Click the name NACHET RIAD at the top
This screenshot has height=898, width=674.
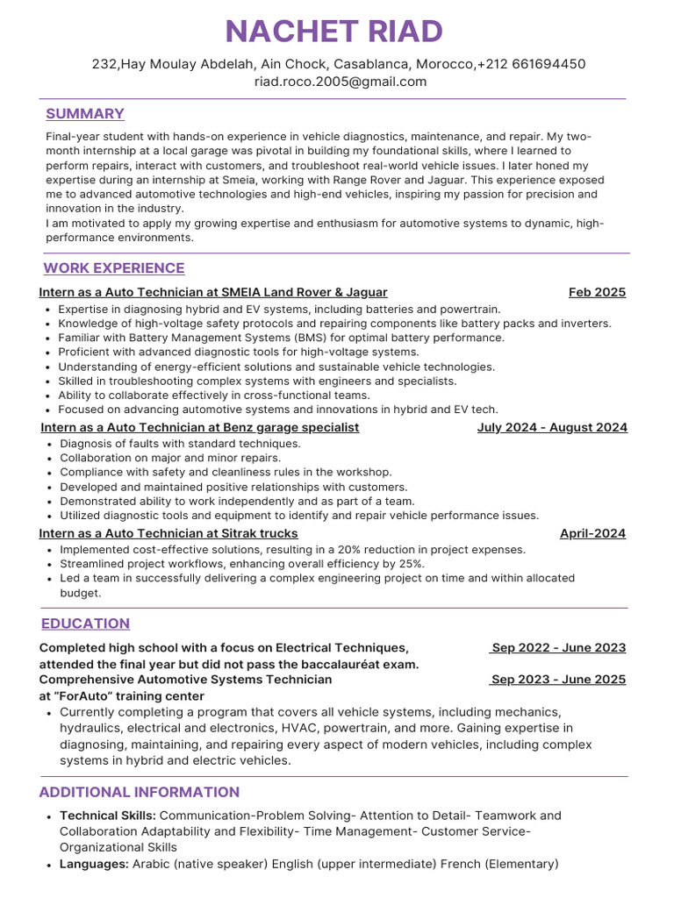(x=334, y=32)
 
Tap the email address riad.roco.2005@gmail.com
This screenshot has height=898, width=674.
(x=341, y=82)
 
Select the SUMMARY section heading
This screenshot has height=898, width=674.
(x=85, y=114)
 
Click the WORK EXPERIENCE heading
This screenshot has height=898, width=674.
(x=114, y=268)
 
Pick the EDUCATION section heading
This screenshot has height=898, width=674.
(x=85, y=624)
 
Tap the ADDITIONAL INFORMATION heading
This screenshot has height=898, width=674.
(x=139, y=792)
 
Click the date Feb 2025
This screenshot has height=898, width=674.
(x=597, y=292)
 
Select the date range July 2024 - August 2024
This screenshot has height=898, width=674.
(x=552, y=428)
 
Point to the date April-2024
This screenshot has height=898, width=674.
(x=592, y=533)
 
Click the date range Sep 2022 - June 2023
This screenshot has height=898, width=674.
(x=558, y=648)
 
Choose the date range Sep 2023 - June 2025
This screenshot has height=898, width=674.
(x=558, y=680)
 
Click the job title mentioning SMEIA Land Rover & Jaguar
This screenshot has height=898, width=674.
(x=213, y=292)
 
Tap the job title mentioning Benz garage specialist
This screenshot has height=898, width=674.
(x=200, y=428)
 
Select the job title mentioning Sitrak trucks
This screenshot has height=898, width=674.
(x=168, y=533)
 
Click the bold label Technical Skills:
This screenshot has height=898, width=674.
(x=108, y=816)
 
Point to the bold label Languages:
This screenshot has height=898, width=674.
(x=94, y=864)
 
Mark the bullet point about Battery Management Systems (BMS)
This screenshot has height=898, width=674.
(x=281, y=338)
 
